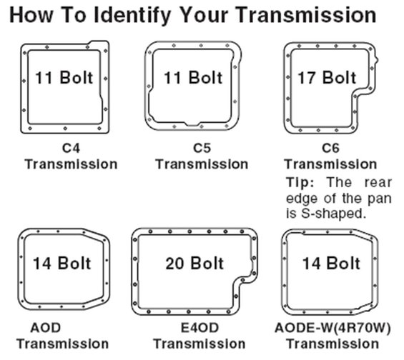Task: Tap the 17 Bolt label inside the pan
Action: pyautogui.click(x=327, y=77)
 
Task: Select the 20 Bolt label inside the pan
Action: pyautogui.click(x=194, y=264)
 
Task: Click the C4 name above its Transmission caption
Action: pyautogui.click(x=71, y=148)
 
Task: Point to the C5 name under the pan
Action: pyautogui.click(x=202, y=148)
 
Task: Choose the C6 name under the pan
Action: pyautogui.click(x=330, y=148)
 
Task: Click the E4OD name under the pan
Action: pyautogui.click(x=199, y=328)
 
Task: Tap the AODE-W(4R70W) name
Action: pyautogui.click(x=332, y=328)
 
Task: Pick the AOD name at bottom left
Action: pyautogui.click(x=46, y=328)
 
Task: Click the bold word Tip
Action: pyautogui.click(x=300, y=182)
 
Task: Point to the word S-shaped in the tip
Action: pyautogui.click(x=334, y=214)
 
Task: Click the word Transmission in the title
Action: pyautogui.click(x=306, y=15)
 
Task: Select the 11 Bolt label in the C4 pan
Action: pyautogui.click(x=64, y=77)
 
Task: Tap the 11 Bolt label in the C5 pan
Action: pyautogui.click(x=193, y=77)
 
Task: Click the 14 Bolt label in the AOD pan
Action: pyautogui.click(x=62, y=264)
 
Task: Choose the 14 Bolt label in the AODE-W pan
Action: pyautogui.click(x=331, y=264)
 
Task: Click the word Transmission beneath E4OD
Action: pyautogui.click(x=199, y=344)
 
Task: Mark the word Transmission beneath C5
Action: pyautogui.click(x=202, y=164)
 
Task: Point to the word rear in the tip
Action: pyautogui.click(x=378, y=183)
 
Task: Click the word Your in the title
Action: pyautogui.click(x=203, y=15)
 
